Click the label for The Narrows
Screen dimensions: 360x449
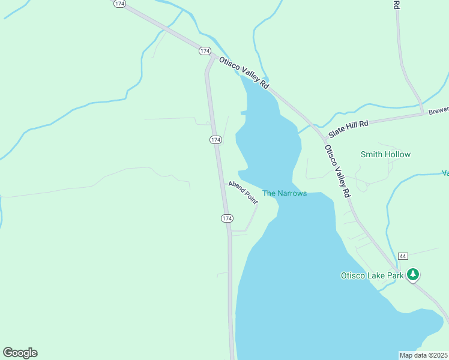click(x=285, y=193)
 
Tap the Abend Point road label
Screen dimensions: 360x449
click(x=243, y=193)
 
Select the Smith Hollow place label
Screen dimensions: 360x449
click(x=385, y=154)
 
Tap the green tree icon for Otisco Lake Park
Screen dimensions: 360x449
click(x=412, y=275)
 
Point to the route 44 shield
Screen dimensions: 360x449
click(x=402, y=256)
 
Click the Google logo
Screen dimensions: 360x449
click(x=20, y=353)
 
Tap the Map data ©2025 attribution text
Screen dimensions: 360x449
click(x=423, y=355)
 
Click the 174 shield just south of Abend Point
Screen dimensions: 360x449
click(x=226, y=218)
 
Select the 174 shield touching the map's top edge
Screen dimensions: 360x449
click(x=119, y=4)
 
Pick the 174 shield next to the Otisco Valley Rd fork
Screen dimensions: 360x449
click(x=205, y=52)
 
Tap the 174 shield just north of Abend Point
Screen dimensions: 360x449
click(x=215, y=140)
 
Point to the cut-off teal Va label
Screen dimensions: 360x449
click(x=445, y=173)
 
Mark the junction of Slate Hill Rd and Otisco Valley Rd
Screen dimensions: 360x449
click(x=318, y=127)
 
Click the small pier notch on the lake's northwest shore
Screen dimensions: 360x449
click(x=243, y=112)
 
